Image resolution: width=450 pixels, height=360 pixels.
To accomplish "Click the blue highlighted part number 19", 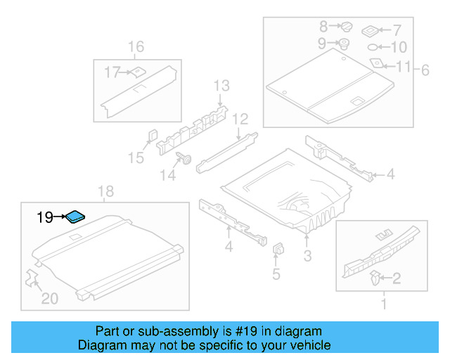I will coord(75,216).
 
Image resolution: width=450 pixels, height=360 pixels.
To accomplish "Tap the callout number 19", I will coord(45,218).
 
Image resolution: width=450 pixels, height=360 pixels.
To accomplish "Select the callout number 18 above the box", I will coord(105,192).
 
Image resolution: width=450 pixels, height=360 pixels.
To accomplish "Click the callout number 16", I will coord(136,47).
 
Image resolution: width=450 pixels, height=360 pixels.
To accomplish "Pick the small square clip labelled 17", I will coord(138,71).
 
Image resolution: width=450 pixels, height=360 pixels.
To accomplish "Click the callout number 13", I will coord(221,86).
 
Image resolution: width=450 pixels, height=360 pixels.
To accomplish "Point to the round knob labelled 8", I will coord(347,27).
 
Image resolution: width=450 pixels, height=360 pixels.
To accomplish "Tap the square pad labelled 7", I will coord(371,31).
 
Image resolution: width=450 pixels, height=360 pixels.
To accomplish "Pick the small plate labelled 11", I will coord(378,63).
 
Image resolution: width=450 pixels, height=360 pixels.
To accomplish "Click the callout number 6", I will coord(425,70).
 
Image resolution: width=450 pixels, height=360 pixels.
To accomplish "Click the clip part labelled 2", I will coord(375,278).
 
